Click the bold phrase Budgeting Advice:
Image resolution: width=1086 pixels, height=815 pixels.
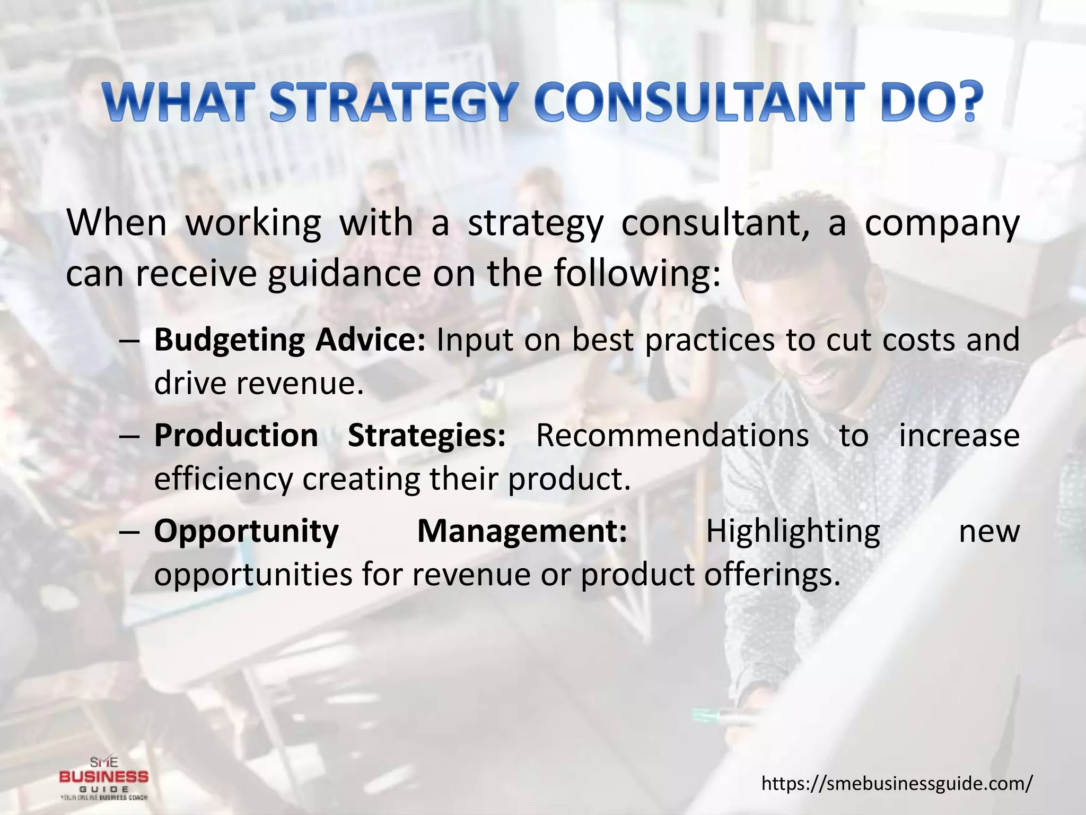tap(290, 340)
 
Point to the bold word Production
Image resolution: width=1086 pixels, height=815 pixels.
tap(236, 436)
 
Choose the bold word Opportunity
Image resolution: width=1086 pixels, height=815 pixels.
tap(246, 531)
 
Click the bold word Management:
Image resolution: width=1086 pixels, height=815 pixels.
tap(522, 531)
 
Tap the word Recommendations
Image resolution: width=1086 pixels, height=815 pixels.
tap(672, 436)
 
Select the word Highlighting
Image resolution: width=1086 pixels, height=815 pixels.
tap(793, 531)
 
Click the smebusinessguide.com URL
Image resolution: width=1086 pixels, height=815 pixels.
tap(897, 783)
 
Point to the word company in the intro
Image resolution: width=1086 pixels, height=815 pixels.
tap(942, 223)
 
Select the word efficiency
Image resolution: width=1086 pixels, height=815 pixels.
tap(223, 479)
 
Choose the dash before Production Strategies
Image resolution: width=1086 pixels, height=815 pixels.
tap(129, 437)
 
